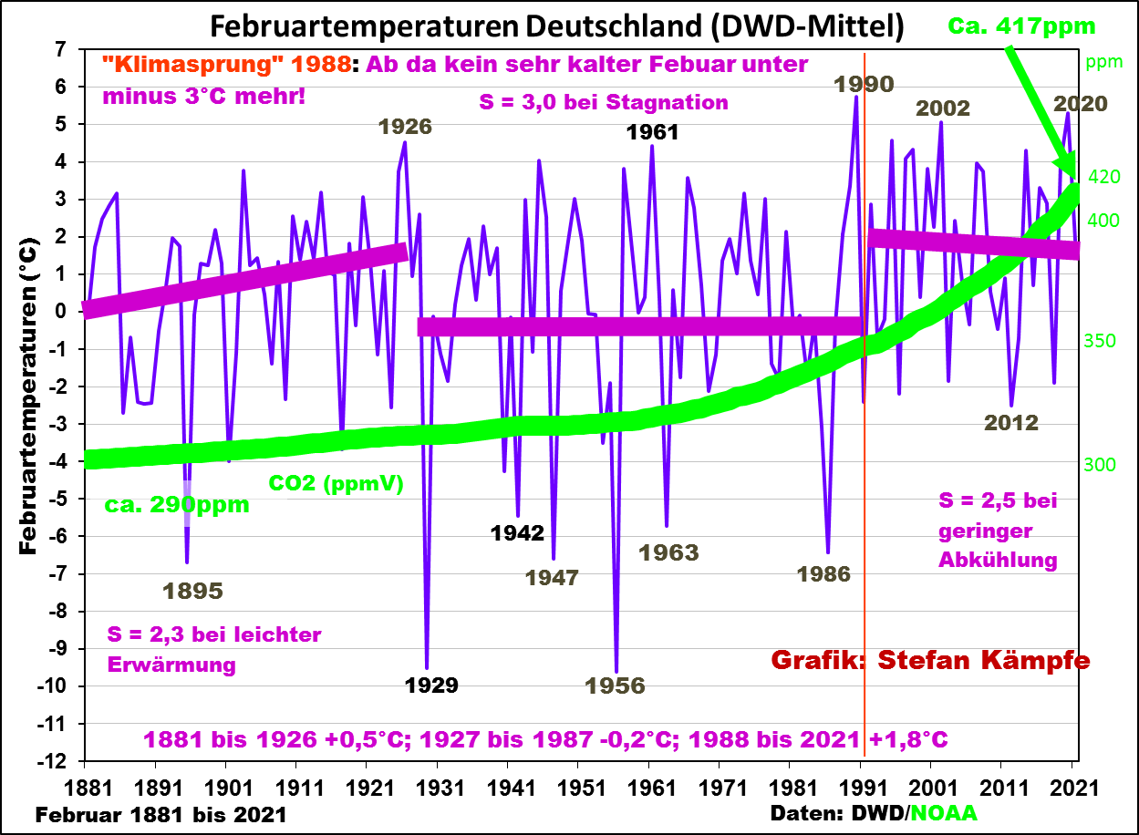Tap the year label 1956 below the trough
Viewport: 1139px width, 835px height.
(616, 686)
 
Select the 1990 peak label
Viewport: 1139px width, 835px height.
(863, 84)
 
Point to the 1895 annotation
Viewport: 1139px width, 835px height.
(192, 591)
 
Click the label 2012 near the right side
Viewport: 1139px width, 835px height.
(1010, 423)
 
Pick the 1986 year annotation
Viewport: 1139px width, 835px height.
(823, 574)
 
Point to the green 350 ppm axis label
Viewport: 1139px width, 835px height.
(1100, 341)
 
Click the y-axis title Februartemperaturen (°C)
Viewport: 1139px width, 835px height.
(28, 397)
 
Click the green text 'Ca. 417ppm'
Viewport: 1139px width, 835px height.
(1021, 26)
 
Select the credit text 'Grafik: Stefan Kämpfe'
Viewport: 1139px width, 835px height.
(930, 660)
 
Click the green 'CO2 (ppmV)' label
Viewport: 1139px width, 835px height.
(336, 484)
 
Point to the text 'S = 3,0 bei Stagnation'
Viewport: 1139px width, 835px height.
(604, 102)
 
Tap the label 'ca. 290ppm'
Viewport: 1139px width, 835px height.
(177, 504)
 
